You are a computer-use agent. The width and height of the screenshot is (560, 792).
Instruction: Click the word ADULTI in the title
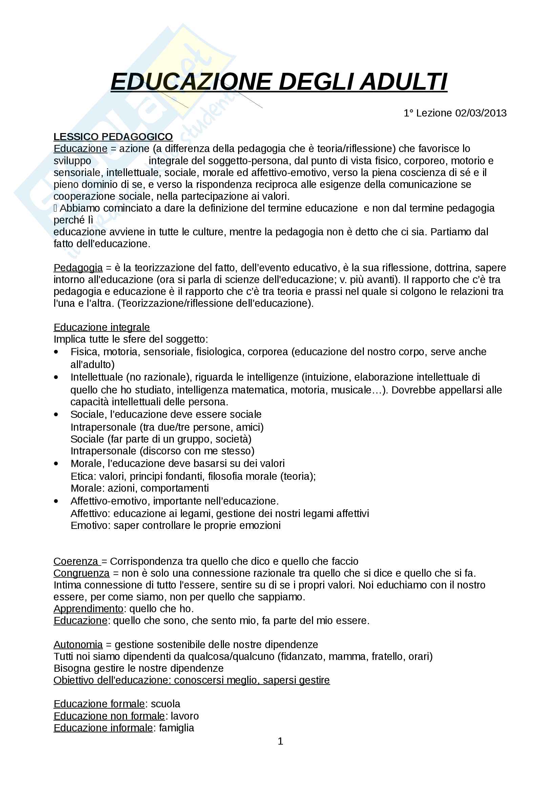pyautogui.click(x=403, y=82)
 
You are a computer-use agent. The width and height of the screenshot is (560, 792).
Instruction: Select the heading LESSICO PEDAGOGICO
pyautogui.click(x=113, y=137)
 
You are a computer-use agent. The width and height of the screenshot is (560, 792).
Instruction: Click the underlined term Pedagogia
pyautogui.click(x=78, y=268)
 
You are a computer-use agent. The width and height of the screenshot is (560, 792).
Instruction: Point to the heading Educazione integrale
pyautogui.click(x=101, y=327)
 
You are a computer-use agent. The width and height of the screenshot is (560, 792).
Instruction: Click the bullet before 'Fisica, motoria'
pyautogui.click(x=56, y=352)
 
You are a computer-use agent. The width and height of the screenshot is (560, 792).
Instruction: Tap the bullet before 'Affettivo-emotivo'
pyautogui.click(x=56, y=501)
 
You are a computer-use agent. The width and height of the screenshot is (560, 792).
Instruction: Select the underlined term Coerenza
pyautogui.click(x=76, y=561)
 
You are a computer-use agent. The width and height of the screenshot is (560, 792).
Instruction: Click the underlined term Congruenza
pyautogui.click(x=81, y=573)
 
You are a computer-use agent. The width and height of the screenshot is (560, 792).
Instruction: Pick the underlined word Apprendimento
pyautogui.click(x=88, y=609)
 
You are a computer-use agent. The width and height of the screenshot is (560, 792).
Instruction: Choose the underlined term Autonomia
pyautogui.click(x=78, y=644)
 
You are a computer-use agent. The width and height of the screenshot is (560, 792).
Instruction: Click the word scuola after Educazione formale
pyautogui.click(x=165, y=704)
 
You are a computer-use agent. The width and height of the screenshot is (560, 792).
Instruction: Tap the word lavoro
pyautogui.click(x=185, y=716)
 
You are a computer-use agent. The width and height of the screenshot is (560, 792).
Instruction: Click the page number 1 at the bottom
pyautogui.click(x=280, y=741)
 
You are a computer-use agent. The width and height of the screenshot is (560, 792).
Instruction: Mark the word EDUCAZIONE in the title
pyautogui.click(x=191, y=82)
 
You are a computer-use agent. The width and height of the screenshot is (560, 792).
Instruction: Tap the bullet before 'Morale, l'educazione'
pyautogui.click(x=56, y=464)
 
